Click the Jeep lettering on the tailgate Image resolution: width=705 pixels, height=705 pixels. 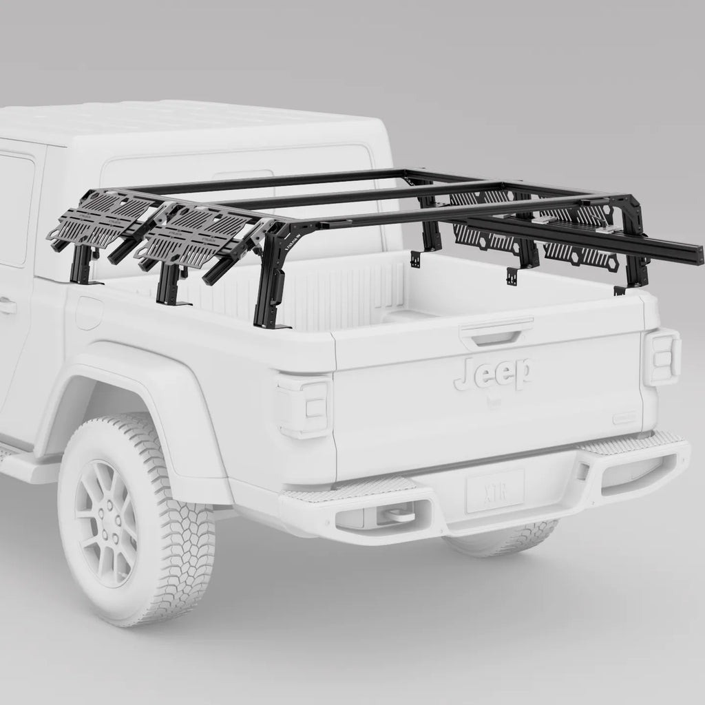pyautogui.click(x=492, y=374)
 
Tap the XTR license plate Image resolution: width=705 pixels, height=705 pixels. pyautogui.click(x=494, y=490)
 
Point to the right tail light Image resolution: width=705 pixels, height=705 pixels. pyautogui.click(x=662, y=357)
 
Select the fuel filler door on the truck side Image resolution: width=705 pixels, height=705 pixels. pyautogui.click(x=89, y=313)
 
